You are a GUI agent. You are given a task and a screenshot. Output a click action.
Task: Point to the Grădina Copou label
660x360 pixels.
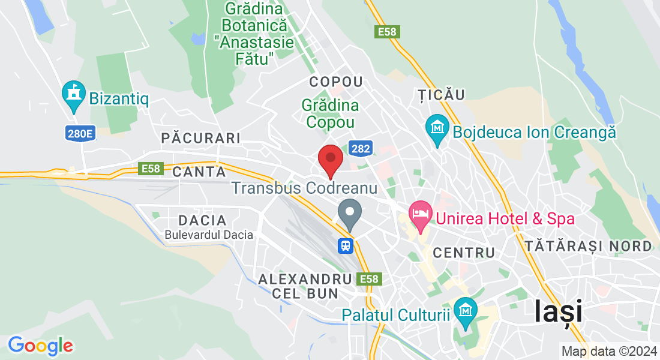click(330, 113)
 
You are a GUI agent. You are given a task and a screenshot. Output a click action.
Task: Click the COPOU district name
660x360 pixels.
click(336, 82)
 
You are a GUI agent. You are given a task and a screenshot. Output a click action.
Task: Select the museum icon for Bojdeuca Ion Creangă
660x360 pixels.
click(437, 128)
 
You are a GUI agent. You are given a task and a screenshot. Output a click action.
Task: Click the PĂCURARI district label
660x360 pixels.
click(201, 139)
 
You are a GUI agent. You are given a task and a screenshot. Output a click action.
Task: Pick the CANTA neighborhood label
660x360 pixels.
click(194, 172)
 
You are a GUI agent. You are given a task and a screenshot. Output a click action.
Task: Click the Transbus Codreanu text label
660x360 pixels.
click(304, 188)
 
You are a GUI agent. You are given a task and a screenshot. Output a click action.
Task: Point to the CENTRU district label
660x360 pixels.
click(464, 253)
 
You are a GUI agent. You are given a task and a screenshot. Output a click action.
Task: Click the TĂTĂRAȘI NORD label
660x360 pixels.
click(588, 246)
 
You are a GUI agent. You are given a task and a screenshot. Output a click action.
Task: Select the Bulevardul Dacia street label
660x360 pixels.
click(209, 235)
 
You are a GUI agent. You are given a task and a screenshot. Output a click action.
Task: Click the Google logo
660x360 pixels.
click(40, 346)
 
